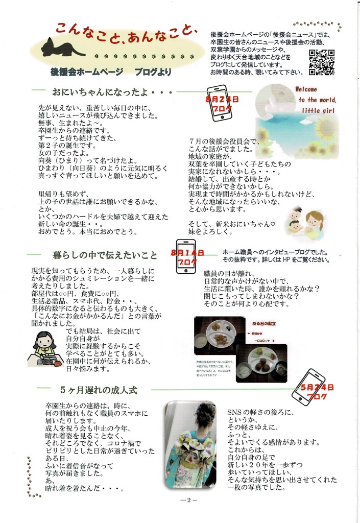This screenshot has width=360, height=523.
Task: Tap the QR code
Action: coord(322,61)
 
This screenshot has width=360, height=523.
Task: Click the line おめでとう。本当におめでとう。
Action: coord(88,231)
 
